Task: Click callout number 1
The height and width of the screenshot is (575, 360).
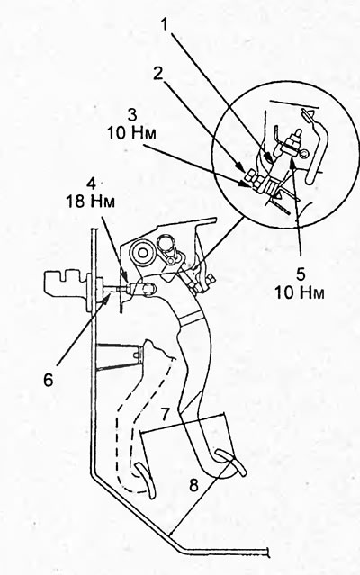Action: click(x=165, y=24)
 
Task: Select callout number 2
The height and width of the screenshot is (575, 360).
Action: click(x=158, y=74)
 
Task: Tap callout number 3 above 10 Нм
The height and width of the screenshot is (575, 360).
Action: click(x=132, y=114)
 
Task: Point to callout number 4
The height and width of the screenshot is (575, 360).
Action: click(x=91, y=183)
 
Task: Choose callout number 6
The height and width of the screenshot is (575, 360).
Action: click(x=49, y=380)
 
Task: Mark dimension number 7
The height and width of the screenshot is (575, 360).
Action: click(x=166, y=415)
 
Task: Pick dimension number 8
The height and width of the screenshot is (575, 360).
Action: click(x=193, y=485)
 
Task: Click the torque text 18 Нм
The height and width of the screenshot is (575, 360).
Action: click(x=91, y=202)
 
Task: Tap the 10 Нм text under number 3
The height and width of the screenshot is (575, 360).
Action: click(x=131, y=132)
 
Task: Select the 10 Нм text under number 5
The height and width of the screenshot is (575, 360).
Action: click(x=300, y=292)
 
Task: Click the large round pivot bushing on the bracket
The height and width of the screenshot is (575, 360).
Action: click(x=141, y=254)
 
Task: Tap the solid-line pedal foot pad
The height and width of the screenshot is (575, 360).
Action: click(x=230, y=462)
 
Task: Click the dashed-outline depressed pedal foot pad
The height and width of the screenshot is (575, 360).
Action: click(x=146, y=480)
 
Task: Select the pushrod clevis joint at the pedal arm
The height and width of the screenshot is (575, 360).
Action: click(x=148, y=289)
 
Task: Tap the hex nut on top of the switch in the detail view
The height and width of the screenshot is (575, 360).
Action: click(x=293, y=140)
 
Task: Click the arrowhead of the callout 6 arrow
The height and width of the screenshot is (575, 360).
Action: click(x=109, y=295)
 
